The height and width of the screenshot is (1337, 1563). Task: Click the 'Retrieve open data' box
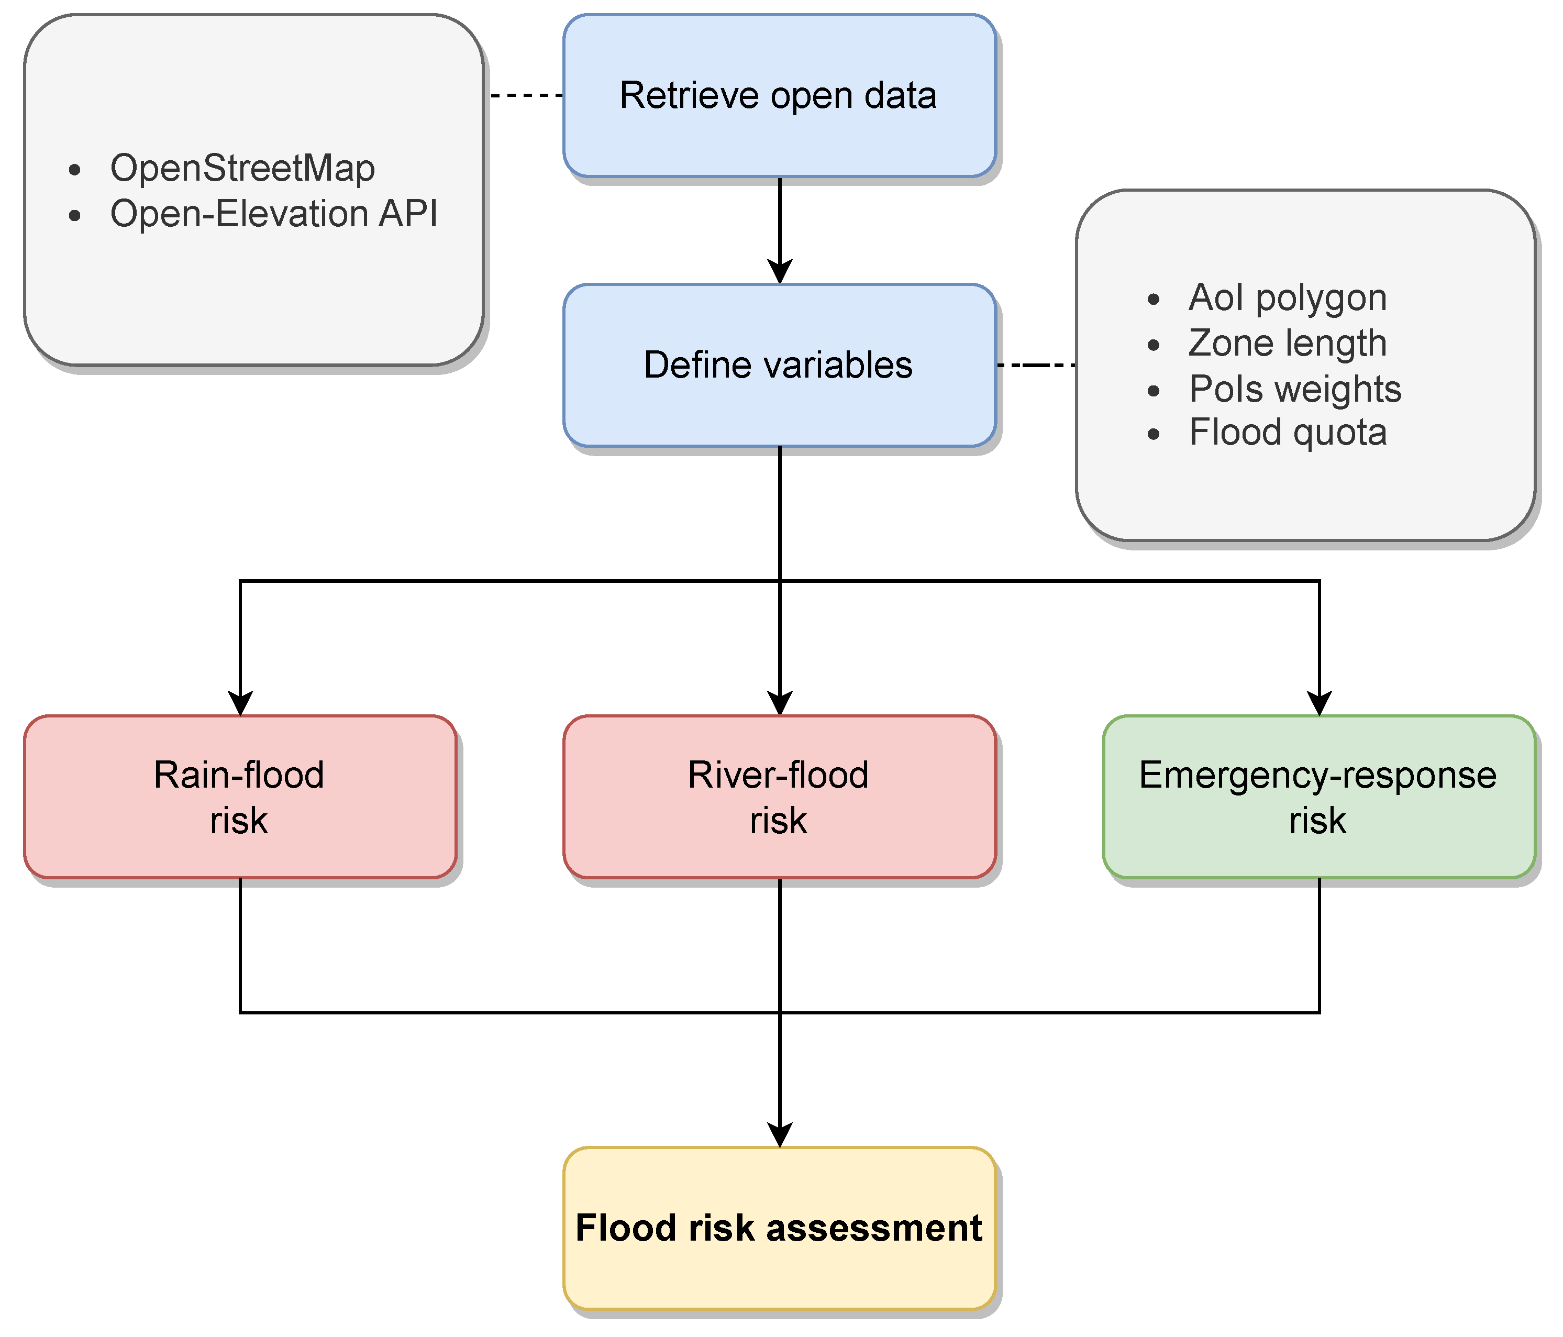pos(779,96)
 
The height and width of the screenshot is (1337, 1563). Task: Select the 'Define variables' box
pos(779,365)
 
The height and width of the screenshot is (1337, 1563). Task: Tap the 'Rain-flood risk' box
pos(240,797)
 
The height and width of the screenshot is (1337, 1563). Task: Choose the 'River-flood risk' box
pos(779,797)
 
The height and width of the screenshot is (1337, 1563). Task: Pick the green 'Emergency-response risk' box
pos(1318,797)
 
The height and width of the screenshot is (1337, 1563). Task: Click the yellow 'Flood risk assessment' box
pos(779,1229)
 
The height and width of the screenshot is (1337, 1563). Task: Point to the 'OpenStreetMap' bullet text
pos(242,168)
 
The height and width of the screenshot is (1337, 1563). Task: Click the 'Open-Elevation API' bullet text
pos(274,214)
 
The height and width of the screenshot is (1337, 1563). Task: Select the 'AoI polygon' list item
pos(1287,297)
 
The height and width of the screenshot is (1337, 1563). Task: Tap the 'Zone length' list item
pos(1287,344)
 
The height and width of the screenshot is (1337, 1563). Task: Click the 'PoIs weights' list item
pos(1294,389)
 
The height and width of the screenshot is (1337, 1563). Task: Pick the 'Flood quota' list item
pos(1287,433)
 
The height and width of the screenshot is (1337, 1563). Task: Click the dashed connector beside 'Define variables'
pos(1036,365)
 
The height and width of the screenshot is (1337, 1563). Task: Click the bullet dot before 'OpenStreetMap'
pos(74,170)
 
